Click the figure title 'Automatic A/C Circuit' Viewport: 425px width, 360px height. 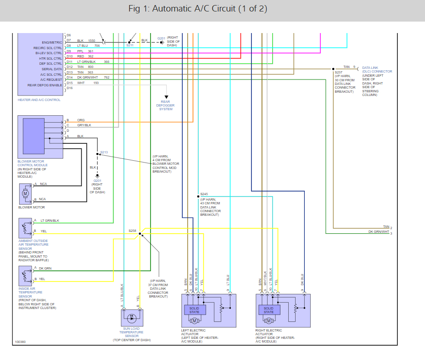pos(198,9)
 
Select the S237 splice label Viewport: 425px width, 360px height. pos(338,72)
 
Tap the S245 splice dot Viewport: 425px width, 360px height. pos(198,196)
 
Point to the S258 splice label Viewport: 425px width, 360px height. pos(132,231)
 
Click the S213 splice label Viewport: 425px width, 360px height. pos(104,152)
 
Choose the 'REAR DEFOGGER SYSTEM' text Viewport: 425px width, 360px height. pos(165,105)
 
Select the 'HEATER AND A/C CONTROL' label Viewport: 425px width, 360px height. pos(39,100)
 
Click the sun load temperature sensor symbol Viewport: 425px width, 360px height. pos(132,317)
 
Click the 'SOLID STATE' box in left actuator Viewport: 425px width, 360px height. pos(195,310)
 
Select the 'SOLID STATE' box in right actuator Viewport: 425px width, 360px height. pos(268,310)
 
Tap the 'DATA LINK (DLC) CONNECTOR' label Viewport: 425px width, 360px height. pos(377,69)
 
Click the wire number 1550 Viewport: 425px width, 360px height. pos(91,41)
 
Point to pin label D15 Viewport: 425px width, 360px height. pos(69,83)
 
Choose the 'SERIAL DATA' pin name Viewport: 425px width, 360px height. pos(51,69)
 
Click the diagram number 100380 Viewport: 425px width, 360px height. pos(20,342)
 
